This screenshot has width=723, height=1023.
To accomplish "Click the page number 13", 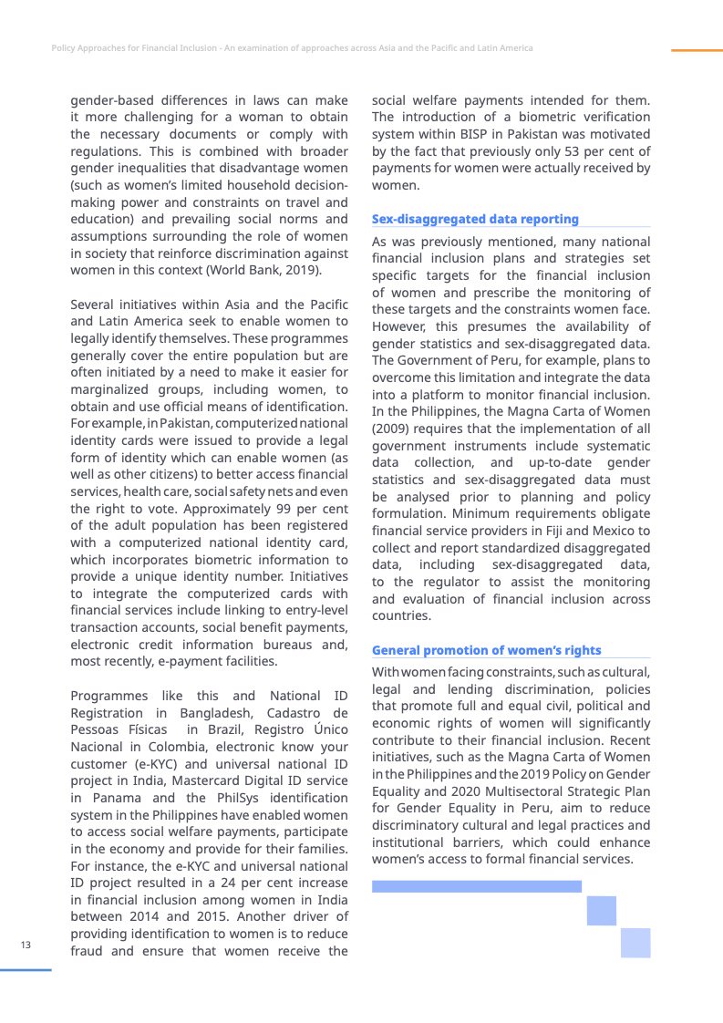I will tap(26, 945).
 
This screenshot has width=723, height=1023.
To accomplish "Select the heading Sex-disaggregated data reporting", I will tap(475, 219).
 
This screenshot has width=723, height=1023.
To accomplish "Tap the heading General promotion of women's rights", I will tap(486, 650).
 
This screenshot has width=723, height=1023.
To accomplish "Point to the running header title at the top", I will tap(292, 47).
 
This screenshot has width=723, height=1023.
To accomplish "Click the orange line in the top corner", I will tap(697, 50).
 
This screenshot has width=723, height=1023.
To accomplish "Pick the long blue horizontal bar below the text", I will tap(476, 885).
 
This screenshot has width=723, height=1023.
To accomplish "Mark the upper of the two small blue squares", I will tap(602, 910).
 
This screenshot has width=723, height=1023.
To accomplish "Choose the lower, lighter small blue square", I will tap(635, 943).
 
